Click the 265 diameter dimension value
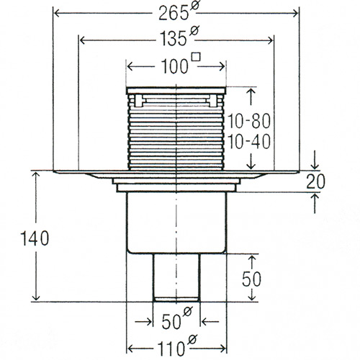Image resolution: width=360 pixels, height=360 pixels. (174, 14)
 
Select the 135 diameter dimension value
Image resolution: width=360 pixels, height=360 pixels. (174, 38)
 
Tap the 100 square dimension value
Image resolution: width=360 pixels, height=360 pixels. (174, 66)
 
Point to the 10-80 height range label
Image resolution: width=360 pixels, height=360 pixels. (249, 121)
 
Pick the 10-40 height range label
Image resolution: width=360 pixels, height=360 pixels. (249, 142)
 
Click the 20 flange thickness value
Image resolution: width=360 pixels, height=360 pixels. (316, 181)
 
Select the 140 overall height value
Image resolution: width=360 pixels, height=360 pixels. (35, 238)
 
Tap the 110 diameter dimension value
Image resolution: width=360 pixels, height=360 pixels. (171, 348)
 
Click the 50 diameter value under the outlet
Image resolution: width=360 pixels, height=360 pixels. (171, 322)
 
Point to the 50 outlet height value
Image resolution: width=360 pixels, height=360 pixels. (251, 279)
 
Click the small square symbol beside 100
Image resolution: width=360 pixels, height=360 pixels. (197, 58)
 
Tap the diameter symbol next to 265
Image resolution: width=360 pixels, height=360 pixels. (194, 5)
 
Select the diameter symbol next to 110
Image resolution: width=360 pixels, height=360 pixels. (192, 340)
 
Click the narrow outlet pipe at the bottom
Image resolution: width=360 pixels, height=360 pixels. (176, 277)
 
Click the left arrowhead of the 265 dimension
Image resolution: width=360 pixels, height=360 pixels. (57, 14)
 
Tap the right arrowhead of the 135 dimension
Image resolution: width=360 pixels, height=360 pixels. (270, 40)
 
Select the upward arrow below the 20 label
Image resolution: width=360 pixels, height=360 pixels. (315, 203)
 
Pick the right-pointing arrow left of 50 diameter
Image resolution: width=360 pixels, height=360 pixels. (143, 321)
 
